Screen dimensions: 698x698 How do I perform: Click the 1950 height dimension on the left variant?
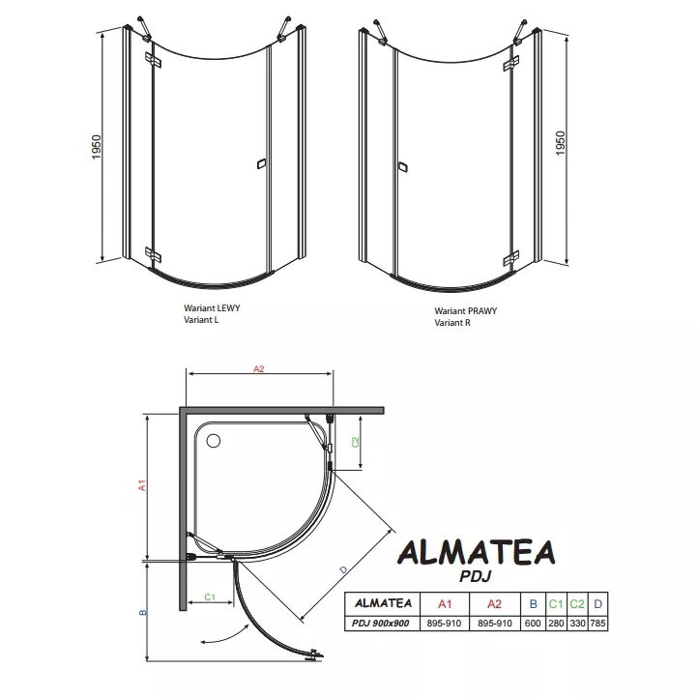coord(97,147)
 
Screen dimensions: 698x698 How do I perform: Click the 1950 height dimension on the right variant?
coord(560,143)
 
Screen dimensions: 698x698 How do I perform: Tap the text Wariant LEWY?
coord(212,308)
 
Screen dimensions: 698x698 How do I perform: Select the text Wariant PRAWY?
coord(466,311)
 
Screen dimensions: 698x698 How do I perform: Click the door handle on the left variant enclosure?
coord(261,163)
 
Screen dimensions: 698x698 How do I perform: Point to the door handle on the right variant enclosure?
coord(403,167)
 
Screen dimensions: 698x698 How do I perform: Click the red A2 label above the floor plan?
coord(259,368)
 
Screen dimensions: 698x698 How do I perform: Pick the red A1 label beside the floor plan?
coord(142,485)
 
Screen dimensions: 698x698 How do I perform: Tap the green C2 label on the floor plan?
coord(355,442)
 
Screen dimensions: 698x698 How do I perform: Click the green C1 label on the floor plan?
coord(210,596)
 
